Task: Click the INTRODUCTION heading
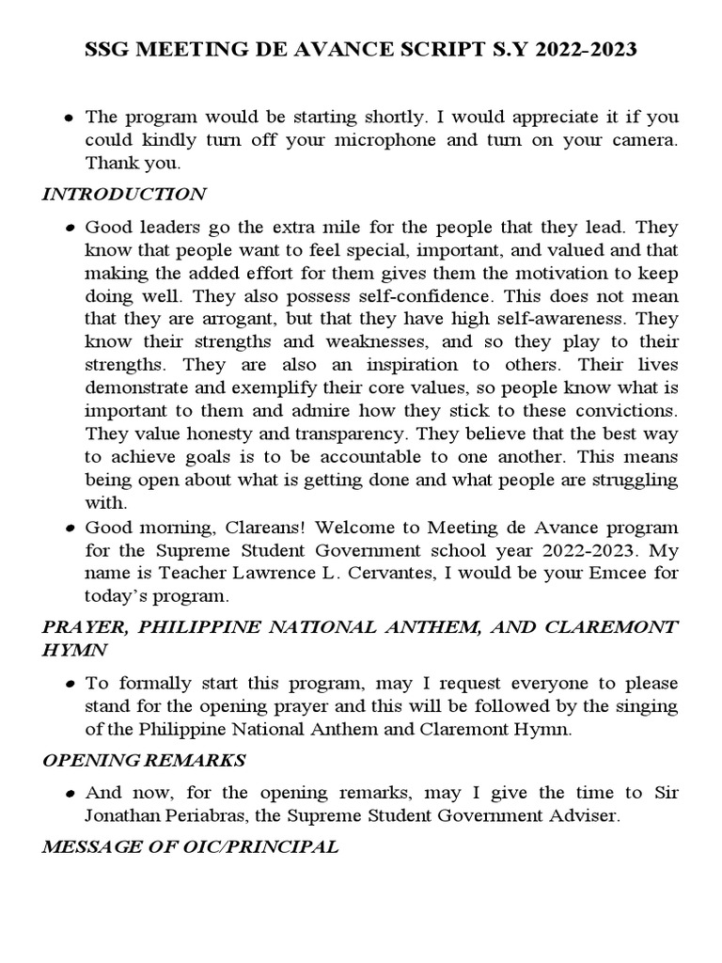coord(124,195)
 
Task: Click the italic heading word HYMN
coord(75,649)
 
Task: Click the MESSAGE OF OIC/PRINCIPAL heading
coord(190,847)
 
